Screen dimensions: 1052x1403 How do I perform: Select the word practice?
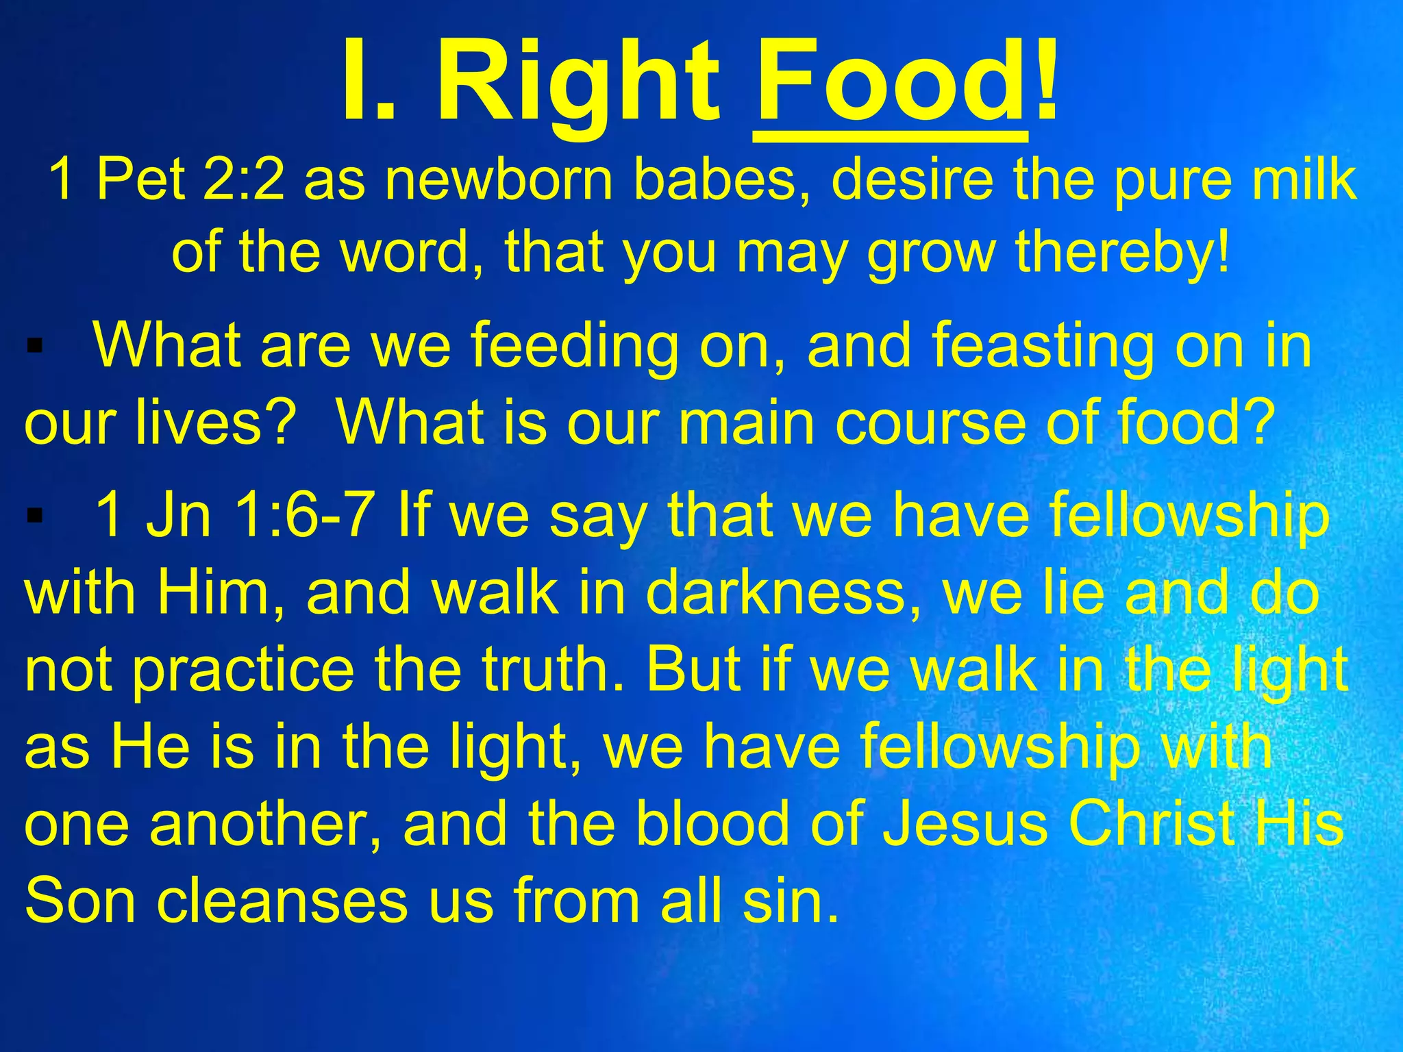click(243, 671)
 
